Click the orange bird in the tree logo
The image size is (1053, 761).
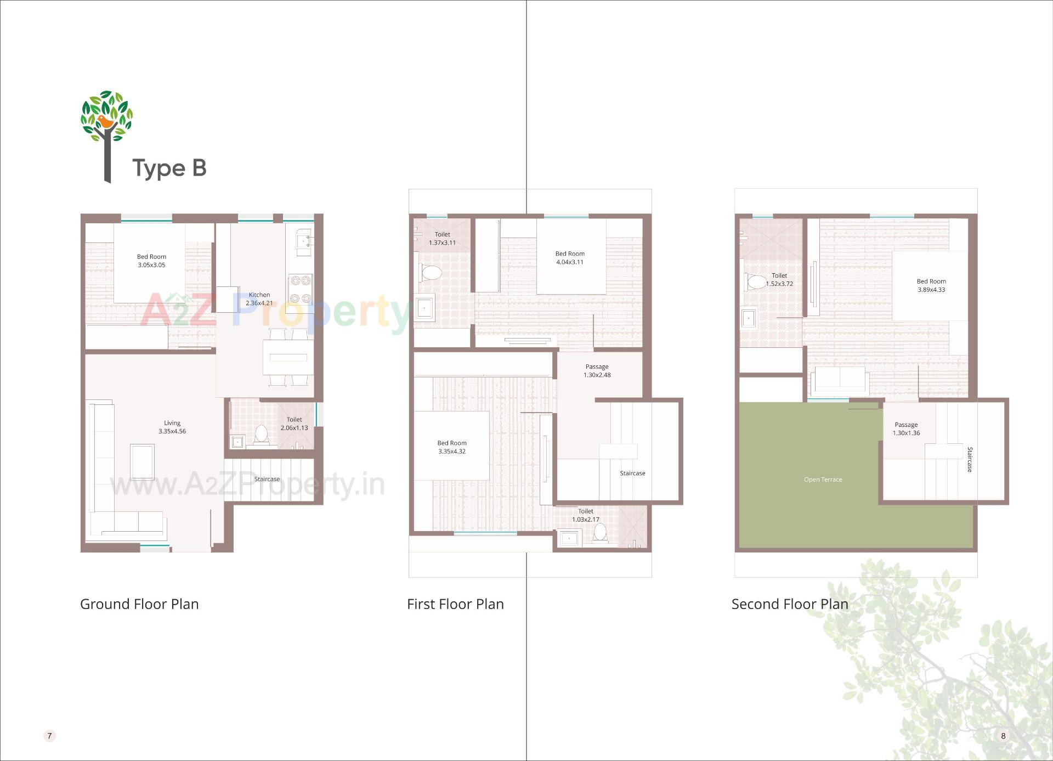click(x=105, y=122)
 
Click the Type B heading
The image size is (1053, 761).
click(x=169, y=168)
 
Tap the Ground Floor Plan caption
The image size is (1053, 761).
click(x=139, y=604)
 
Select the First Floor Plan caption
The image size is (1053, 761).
click(x=455, y=604)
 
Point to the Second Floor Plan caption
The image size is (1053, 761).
click(x=790, y=604)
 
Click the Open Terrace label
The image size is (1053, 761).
click(x=823, y=480)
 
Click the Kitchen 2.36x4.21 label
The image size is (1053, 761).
click(x=259, y=299)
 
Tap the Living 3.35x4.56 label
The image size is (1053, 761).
click(x=172, y=427)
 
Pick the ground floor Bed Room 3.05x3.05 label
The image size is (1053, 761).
click(x=151, y=261)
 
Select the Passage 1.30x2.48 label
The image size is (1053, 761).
click(x=597, y=371)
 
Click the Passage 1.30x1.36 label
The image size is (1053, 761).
click(x=906, y=429)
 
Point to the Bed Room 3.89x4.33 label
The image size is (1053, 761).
click(x=931, y=285)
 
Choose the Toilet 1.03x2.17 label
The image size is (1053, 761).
click(x=585, y=515)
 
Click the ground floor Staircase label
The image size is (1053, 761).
click(x=267, y=479)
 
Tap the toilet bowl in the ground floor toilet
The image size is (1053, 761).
click(x=262, y=433)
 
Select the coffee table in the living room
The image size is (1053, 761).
click(x=142, y=462)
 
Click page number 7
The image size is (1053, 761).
click(x=49, y=736)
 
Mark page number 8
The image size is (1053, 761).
click(x=1003, y=736)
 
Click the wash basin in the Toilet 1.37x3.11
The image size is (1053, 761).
click(x=424, y=309)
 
